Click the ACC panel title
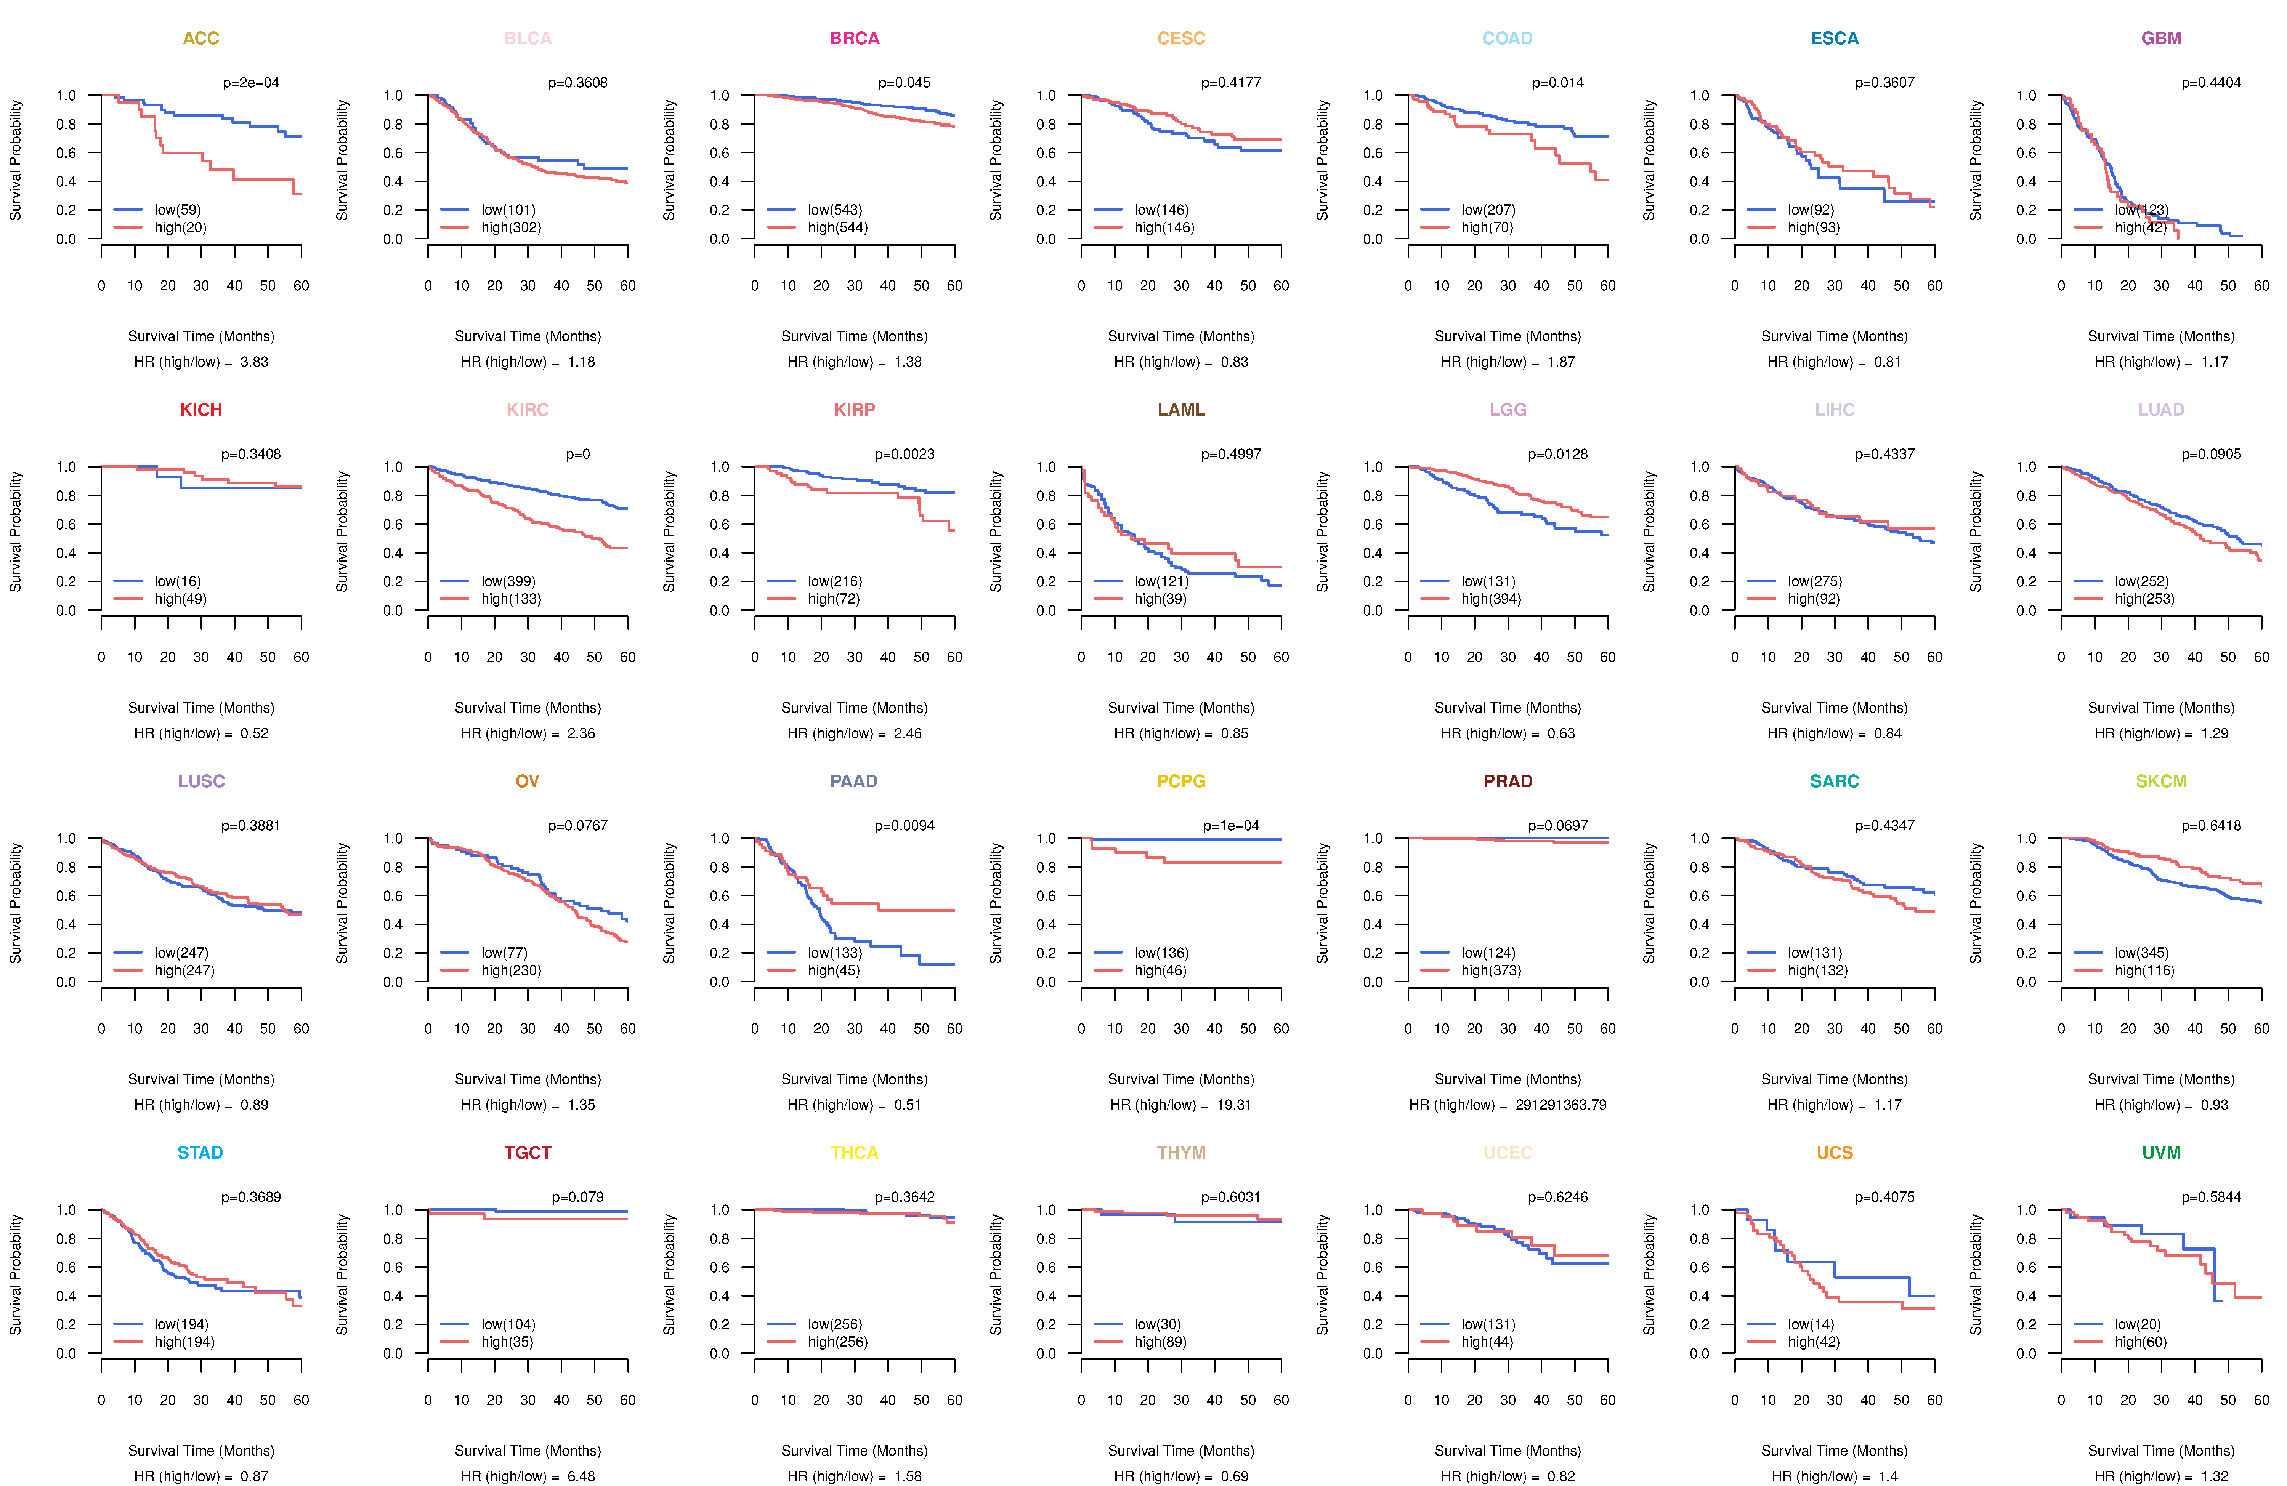tap(201, 38)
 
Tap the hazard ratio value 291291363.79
tap(1560, 1105)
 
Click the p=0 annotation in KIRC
tap(577, 454)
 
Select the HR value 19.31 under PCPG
tap(1234, 1105)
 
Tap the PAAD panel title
tap(853, 781)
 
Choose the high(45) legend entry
tap(833, 970)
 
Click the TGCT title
tap(528, 1153)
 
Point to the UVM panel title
tap(2161, 1153)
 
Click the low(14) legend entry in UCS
tap(1811, 1324)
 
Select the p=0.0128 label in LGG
tap(1558, 454)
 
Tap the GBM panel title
tap(2161, 38)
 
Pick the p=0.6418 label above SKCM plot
tap(2211, 826)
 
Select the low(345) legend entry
tap(2141, 953)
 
